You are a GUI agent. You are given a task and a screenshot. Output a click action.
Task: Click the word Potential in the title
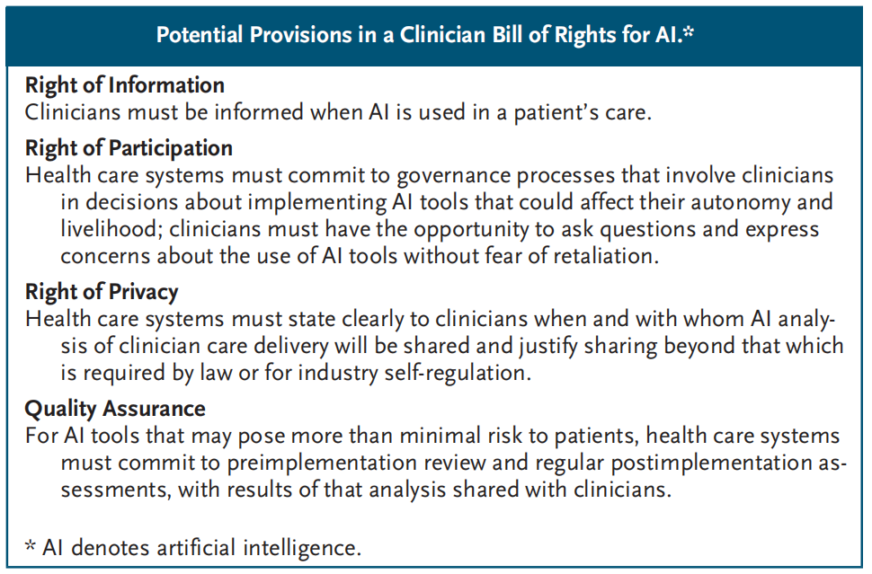click(200, 34)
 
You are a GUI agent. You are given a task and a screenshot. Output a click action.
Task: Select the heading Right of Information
click(125, 85)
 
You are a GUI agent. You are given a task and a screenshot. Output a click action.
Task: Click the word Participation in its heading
click(171, 148)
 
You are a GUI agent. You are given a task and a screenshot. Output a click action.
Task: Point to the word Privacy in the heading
click(144, 292)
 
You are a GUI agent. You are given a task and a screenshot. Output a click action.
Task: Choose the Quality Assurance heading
click(115, 409)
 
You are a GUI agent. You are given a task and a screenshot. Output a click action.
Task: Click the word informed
click(259, 112)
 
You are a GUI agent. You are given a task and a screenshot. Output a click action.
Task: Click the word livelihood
click(111, 229)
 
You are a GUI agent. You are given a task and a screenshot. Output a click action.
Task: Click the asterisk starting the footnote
click(31, 544)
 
